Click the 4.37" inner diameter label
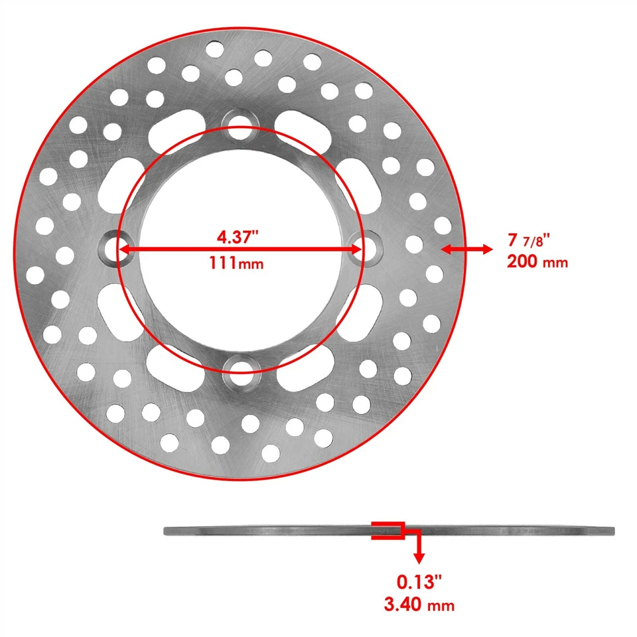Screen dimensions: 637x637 coord(240,236)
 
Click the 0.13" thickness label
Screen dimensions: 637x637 coord(419,582)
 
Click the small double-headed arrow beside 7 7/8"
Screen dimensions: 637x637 coord(467,249)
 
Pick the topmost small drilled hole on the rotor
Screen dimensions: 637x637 coord(214,48)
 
